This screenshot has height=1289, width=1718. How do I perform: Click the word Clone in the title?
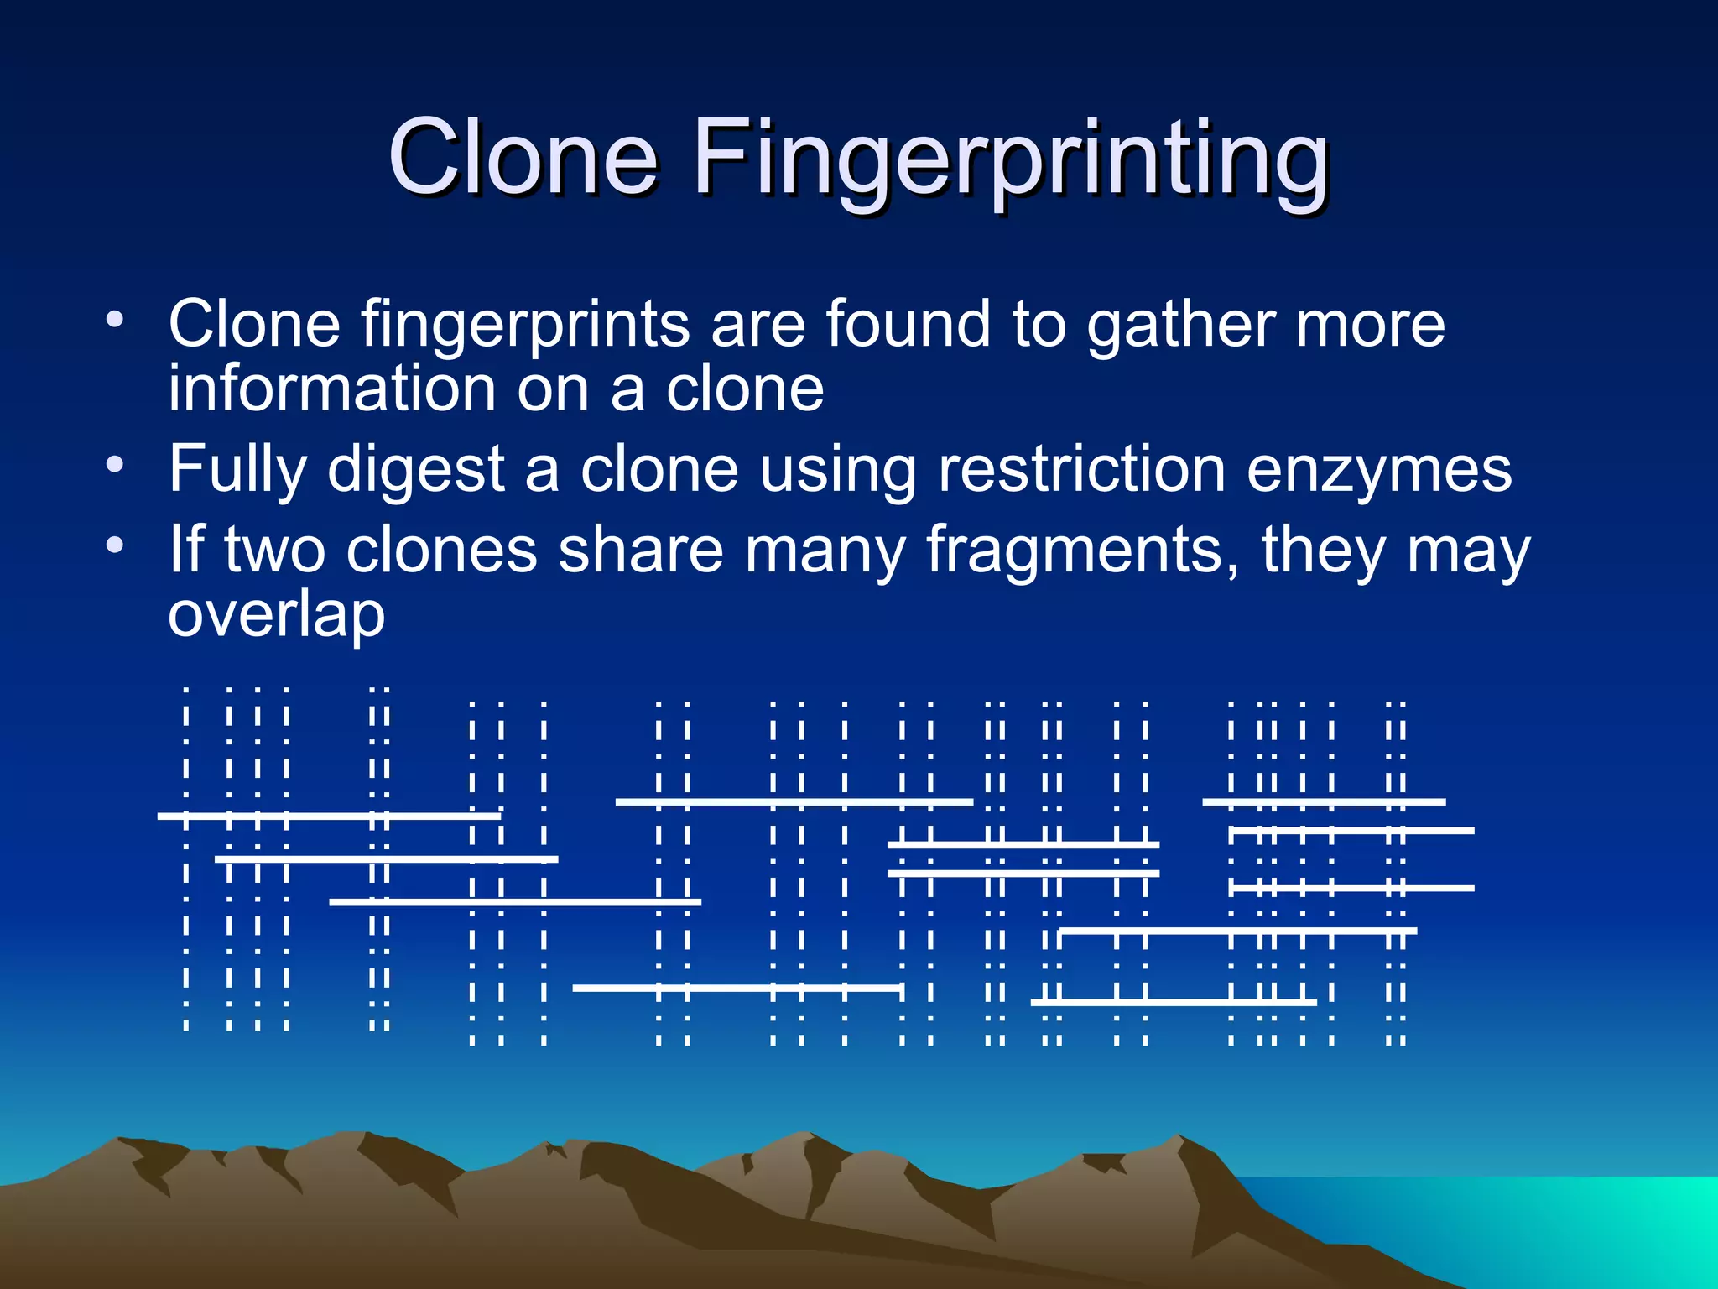tap(522, 157)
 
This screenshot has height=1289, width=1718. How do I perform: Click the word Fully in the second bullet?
tap(237, 470)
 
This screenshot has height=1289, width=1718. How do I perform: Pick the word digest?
tap(416, 470)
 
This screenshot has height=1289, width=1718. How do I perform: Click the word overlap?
tap(277, 615)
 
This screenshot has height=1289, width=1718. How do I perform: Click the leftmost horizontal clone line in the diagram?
tap(329, 815)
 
